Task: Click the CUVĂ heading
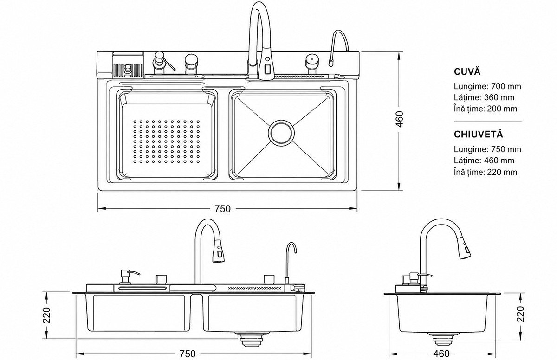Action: click(x=467, y=71)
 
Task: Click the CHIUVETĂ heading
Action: click(x=479, y=134)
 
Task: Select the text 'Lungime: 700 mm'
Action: click(x=487, y=86)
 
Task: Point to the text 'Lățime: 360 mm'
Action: click(x=484, y=97)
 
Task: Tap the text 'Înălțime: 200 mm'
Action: click(x=486, y=109)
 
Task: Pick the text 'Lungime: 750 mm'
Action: click(x=487, y=149)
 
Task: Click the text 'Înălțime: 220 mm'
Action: click(x=486, y=172)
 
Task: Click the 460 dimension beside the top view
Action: click(x=399, y=119)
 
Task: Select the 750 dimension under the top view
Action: click(x=223, y=209)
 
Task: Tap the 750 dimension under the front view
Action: click(x=188, y=354)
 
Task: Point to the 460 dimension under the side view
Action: click(x=441, y=354)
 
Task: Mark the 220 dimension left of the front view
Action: click(x=46, y=315)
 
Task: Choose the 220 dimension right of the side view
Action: click(x=520, y=314)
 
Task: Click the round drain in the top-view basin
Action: click(x=281, y=133)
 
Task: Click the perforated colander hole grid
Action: click(x=166, y=141)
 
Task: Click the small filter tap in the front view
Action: click(x=290, y=264)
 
